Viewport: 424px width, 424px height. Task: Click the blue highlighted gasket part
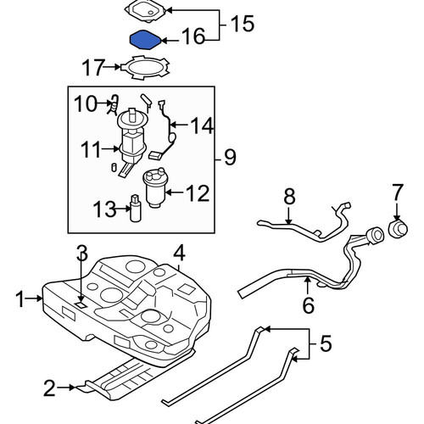point(145,40)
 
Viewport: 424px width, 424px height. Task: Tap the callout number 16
point(192,36)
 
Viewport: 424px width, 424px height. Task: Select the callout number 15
point(243,24)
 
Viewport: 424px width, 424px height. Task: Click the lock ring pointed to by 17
point(145,68)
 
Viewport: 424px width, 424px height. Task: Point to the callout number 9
point(230,158)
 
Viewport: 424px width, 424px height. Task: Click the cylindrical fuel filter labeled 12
point(154,188)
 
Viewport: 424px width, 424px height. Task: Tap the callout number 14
point(202,126)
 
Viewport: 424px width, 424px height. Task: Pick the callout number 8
point(289,197)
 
